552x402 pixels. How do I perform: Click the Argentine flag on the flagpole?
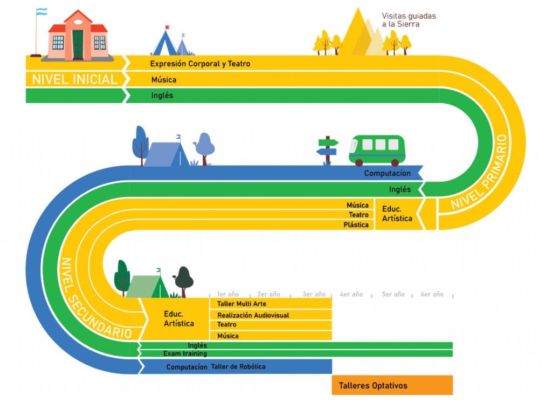tap(42, 12)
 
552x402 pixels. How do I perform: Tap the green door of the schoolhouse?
tap(78, 44)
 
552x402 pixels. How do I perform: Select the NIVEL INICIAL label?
tap(74, 79)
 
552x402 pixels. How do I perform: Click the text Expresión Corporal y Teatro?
tap(200, 64)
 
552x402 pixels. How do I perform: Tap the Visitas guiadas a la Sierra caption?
tap(409, 20)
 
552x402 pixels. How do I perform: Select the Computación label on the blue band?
tap(387, 173)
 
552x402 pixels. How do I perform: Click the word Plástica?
tap(356, 225)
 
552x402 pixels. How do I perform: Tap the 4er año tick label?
tap(351, 294)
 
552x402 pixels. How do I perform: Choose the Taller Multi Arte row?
tap(271, 304)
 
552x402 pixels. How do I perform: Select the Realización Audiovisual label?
tap(253, 315)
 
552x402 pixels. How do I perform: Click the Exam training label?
tap(185, 353)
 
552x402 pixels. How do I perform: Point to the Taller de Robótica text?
tap(238, 366)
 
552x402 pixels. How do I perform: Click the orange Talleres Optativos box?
tap(392, 385)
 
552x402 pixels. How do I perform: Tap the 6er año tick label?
tap(432, 294)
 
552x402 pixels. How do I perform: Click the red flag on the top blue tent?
tap(168, 27)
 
